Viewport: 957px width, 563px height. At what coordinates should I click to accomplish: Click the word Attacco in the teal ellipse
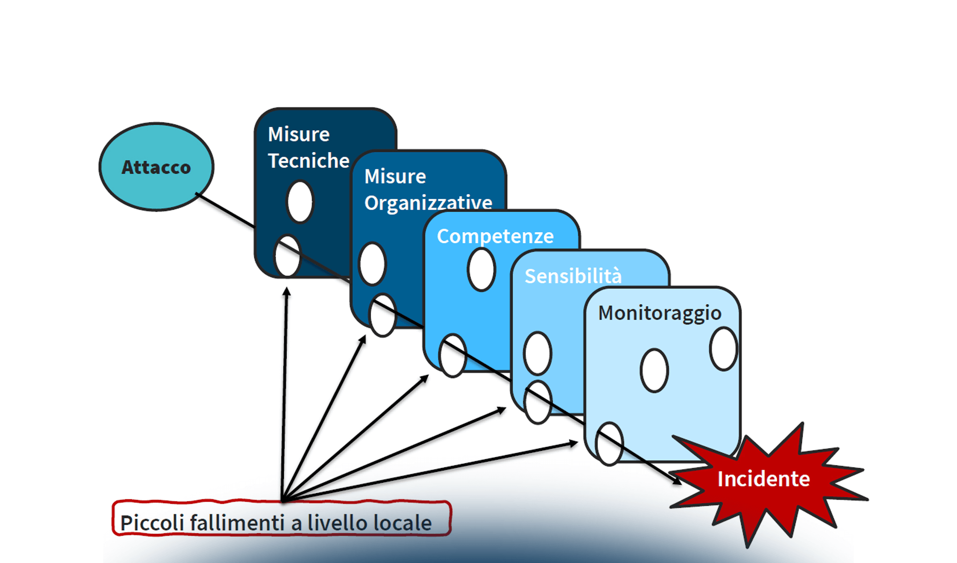coord(156,167)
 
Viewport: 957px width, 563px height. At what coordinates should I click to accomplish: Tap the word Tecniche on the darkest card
coord(309,161)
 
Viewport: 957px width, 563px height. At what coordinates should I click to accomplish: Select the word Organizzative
coord(428,203)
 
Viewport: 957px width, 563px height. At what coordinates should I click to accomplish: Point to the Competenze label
coord(495,236)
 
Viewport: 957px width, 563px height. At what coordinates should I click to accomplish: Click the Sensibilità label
coord(573,276)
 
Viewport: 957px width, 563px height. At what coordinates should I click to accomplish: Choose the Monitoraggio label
coord(660,313)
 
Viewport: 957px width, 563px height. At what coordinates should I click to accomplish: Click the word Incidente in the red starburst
coord(763,479)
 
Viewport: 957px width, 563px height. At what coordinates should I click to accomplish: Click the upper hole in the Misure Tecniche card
coord(300,202)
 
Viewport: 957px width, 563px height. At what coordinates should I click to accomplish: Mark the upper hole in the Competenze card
coord(481,270)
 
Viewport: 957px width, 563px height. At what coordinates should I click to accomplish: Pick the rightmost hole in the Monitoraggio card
coord(723,350)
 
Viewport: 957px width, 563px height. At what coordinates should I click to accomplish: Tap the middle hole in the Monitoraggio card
coord(654,371)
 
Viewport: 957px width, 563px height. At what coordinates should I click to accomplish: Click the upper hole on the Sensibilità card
coord(537,353)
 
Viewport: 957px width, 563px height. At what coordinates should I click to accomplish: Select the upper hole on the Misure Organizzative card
coord(372,264)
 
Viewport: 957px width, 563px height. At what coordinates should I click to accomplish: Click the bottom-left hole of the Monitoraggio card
coord(609,443)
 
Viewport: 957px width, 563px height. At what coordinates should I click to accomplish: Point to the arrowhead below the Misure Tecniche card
coord(287,292)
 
